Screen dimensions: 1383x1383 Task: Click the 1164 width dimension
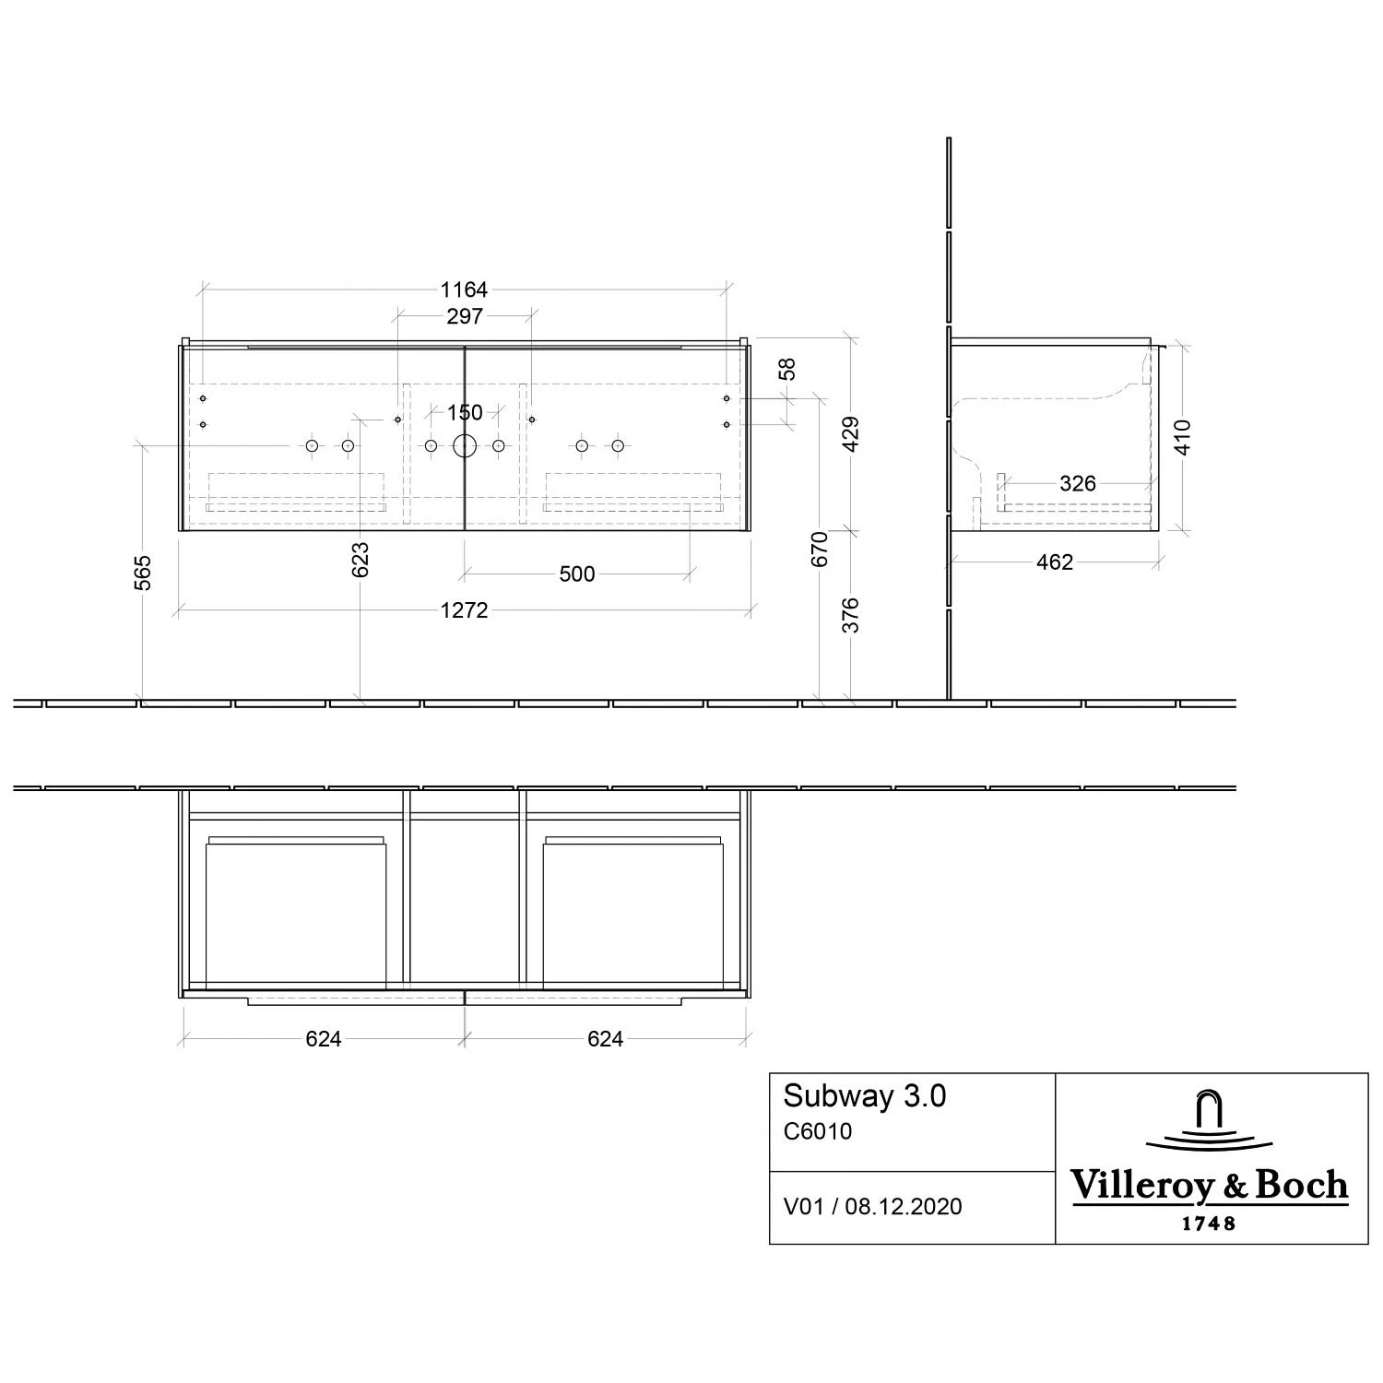point(464,290)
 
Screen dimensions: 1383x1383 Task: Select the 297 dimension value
point(464,316)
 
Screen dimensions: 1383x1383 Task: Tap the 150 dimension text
point(465,412)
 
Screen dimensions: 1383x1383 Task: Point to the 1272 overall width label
point(464,610)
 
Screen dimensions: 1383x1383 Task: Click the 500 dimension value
point(577,574)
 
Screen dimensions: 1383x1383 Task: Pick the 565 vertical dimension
point(143,573)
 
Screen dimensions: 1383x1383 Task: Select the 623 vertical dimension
point(361,560)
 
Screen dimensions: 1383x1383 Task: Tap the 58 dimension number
point(786,369)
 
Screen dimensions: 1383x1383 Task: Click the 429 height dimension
point(851,433)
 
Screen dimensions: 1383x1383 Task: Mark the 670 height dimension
point(820,549)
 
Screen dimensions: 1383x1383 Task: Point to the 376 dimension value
point(851,615)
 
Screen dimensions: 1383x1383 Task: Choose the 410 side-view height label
point(1183,437)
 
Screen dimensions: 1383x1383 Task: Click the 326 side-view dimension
point(1078,483)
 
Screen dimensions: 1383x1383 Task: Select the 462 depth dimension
point(1055,562)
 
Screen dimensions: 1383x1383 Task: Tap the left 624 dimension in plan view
point(324,1039)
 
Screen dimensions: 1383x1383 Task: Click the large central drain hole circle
point(465,446)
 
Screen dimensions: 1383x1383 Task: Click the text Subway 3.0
point(865,1096)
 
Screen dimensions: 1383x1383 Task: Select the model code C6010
point(818,1131)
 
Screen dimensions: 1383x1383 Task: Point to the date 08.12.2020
point(904,1207)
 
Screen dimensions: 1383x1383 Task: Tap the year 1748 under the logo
point(1209,1224)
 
